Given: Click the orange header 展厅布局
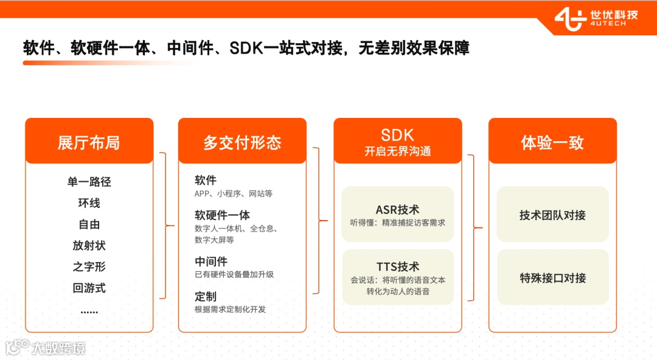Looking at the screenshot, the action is tap(89, 143).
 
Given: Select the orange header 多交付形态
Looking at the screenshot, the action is tap(242, 143).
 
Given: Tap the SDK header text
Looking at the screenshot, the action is tap(397, 135).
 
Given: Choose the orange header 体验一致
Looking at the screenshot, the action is tap(552, 143).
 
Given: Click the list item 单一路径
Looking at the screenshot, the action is tap(89, 182).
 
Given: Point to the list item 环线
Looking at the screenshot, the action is tap(89, 203).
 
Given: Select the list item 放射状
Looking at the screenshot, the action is tap(89, 246).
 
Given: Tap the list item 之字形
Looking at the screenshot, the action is tap(89, 267).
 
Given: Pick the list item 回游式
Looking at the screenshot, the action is tap(89, 288).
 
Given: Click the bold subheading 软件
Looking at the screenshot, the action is tap(206, 181).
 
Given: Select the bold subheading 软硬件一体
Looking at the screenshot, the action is tap(222, 215).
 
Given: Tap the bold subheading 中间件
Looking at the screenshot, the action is tap(211, 261).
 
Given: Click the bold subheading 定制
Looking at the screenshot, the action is tap(206, 297).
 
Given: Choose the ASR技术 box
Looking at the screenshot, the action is tap(397, 215).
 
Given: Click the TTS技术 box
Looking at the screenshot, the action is tap(397, 278).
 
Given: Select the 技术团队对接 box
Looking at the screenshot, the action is tap(552, 215).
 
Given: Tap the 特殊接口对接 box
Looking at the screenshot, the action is tap(552, 278).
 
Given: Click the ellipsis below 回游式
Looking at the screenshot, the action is tap(89, 311).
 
